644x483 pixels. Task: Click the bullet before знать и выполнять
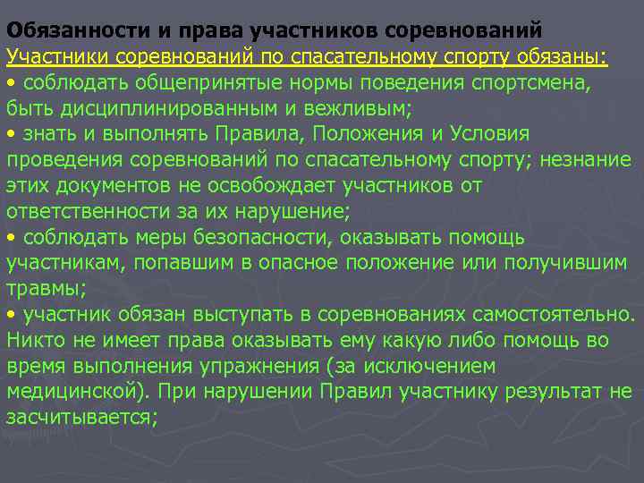11,135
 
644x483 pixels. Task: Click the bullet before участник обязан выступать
11,316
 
